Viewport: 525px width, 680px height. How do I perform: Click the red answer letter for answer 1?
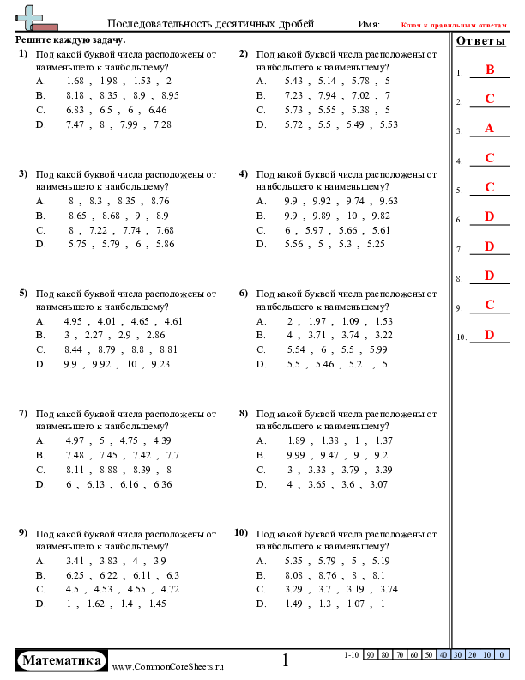[490, 70]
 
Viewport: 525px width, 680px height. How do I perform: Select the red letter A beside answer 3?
[490, 129]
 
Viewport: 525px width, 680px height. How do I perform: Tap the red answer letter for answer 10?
[490, 335]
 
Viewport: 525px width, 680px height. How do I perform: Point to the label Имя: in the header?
[369, 24]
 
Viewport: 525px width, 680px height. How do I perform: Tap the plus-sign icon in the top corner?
[30, 16]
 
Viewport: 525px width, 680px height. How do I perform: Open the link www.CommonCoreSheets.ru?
[168, 666]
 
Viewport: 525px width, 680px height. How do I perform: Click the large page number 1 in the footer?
[286, 660]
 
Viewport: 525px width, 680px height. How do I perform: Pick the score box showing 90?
[371, 655]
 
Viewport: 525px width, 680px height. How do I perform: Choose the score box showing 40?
[443, 655]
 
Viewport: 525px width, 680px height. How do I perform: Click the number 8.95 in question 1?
[169, 95]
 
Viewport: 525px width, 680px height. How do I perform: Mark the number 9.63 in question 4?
[389, 201]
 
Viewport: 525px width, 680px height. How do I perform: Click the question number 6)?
[243, 293]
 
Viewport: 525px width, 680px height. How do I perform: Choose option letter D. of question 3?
[40, 245]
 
